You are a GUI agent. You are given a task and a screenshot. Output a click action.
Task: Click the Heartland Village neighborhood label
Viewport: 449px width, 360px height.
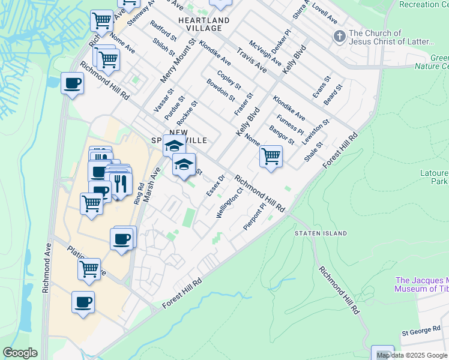tap(204, 24)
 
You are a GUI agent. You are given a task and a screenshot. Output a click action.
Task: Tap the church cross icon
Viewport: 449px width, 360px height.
tap(339, 37)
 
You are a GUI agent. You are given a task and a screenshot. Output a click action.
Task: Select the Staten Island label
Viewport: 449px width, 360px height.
tap(321, 233)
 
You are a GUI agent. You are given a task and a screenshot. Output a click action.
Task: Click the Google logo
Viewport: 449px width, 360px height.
tap(20, 353)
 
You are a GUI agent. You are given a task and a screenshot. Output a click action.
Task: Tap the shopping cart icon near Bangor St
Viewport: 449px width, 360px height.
tap(271, 157)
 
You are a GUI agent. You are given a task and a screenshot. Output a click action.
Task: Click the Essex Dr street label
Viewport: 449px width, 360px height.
tap(215, 185)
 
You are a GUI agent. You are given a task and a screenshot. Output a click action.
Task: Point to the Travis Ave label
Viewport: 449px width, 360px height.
tap(252, 60)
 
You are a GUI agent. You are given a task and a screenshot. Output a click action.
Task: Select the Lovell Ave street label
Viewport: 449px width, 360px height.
tap(324, 11)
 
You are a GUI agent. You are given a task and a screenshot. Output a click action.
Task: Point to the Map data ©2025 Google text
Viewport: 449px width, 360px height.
tap(411, 355)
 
